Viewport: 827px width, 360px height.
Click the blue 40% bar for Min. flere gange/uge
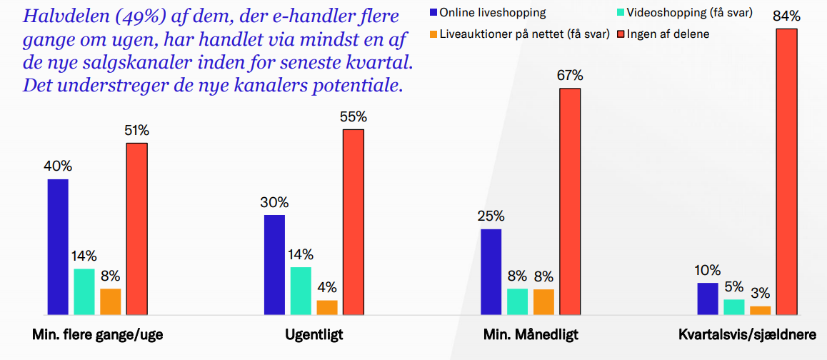point(58,246)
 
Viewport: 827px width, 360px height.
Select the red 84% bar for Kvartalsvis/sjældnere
point(786,171)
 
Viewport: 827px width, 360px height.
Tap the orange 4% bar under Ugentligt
point(327,307)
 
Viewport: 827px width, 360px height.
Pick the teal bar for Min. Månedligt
point(517,301)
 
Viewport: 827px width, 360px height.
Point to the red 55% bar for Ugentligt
point(353,221)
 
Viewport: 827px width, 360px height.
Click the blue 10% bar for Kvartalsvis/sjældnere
point(707,299)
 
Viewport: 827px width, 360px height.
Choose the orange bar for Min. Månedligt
point(543,301)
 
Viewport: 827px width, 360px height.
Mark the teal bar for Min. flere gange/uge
point(84,291)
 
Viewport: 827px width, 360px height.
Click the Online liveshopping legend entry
point(487,12)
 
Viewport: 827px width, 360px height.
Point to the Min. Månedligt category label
point(531,334)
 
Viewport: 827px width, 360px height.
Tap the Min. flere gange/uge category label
point(98,334)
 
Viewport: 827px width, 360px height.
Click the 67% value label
point(570,76)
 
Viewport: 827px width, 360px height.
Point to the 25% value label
point(491,216)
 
